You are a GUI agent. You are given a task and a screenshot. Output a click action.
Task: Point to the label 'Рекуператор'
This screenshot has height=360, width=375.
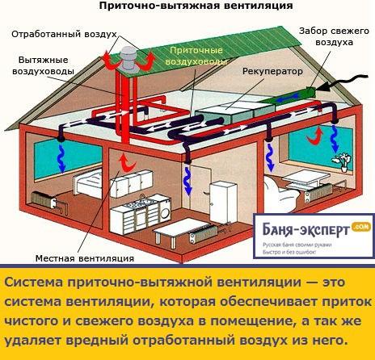[266, 71]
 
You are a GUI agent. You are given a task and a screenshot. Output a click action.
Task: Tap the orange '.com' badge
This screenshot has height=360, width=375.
[360, 228]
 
